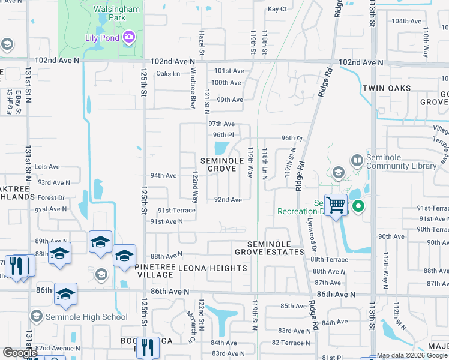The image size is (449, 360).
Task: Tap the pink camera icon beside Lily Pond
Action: pyautogui.click(x=128, y=38)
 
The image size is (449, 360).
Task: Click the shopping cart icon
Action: pyautogui.click(x=336, y=206)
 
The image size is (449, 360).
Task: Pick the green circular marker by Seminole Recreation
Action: pyautogui.click(x=359, y=207)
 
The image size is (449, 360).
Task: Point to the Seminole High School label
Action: pyautogui.click(x=73, y=317)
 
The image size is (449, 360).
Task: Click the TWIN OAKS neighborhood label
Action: pyautogui.click(x=387, y=88)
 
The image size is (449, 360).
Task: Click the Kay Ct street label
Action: pyautogui.click(x=277, y=9)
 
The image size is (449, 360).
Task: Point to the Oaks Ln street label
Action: pyautogui.click(x=168, y=74)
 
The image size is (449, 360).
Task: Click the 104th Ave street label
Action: pyautogui.click(x=405, y=21)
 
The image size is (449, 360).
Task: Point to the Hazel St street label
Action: pyautogui.click(x=202, y=44)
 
